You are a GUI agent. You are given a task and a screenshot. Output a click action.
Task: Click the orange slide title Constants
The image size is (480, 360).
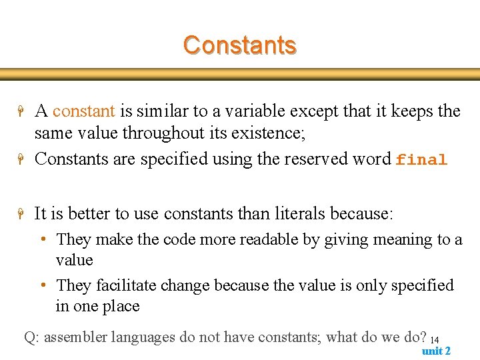(239, 45)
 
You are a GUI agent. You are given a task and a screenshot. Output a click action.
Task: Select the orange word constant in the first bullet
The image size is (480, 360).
(83, 111)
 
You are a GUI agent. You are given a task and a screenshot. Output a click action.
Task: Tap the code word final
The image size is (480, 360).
(421, 160)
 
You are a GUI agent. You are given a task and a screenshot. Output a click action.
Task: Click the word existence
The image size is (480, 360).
(267, 133)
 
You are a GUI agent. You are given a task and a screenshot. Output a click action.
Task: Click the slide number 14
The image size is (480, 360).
(435, 340)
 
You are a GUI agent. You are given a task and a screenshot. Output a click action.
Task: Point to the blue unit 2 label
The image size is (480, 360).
(436, 351)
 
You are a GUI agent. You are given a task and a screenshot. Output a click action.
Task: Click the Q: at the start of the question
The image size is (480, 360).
(31, 337)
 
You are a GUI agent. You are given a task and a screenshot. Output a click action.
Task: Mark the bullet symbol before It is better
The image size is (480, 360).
(21, 215)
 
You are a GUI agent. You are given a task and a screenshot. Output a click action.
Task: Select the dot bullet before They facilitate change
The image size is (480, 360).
(43, 285)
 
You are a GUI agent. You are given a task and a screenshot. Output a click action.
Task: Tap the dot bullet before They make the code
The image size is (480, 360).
(43, 239)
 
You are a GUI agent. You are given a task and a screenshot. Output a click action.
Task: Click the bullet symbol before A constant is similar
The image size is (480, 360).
(21, 112)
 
